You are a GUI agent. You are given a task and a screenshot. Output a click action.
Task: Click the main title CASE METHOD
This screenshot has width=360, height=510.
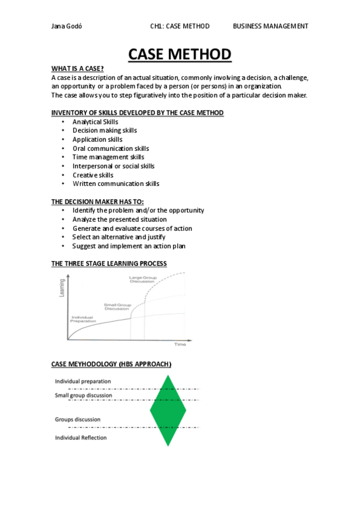pos(180,54)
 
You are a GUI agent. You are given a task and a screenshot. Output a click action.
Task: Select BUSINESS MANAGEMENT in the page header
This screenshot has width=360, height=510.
pos(270,26)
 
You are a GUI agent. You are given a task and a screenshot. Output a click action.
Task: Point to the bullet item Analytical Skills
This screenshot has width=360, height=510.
pos(95,121)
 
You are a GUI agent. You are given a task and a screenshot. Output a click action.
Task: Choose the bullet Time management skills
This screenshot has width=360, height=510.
pos(108,157)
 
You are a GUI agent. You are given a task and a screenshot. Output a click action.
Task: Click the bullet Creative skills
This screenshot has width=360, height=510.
pos(93,175)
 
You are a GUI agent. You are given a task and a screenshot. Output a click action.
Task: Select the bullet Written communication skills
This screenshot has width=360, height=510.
pos(116,184)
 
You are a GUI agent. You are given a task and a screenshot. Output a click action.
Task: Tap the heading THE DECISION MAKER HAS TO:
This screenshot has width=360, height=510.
pos(97,201)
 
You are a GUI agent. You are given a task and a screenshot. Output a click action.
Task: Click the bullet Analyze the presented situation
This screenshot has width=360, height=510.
pos(120,220)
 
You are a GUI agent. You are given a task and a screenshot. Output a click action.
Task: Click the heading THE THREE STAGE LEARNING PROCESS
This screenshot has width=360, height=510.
pos(109,263)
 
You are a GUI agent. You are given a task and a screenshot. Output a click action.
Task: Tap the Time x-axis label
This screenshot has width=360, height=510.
pos(180,345)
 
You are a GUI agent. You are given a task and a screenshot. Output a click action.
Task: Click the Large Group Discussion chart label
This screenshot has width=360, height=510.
pos(142,280)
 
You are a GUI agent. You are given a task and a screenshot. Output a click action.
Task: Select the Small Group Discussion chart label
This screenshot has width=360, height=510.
pos(117,307)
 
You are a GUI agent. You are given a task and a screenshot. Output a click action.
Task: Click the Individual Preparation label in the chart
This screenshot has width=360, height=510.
pos(84,319)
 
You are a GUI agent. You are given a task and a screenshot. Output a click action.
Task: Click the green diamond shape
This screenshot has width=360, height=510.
pos(168,410)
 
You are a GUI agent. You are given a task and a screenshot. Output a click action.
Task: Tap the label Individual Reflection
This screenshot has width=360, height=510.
pos(81,438)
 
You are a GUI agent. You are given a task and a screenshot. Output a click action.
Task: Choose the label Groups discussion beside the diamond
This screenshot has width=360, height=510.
pos(78,419)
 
